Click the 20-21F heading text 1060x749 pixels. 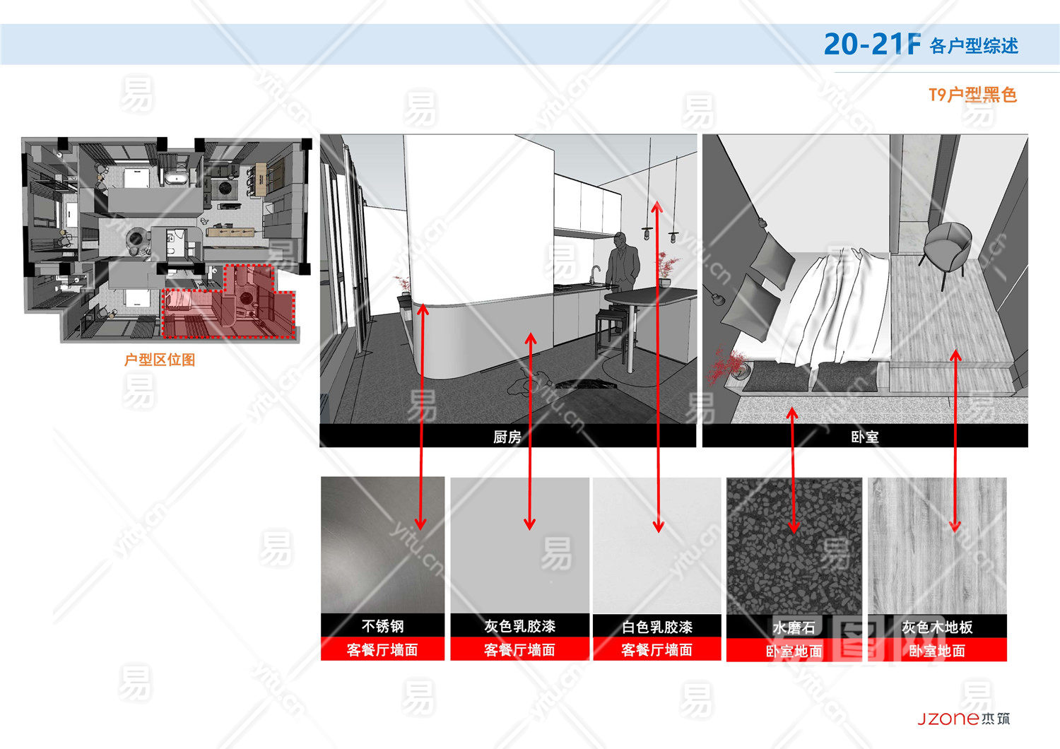pos(872,45)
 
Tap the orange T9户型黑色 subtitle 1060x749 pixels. pos(972,95)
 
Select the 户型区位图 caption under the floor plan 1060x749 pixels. pos(160,360)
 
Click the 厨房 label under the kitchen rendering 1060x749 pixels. pos(507,437)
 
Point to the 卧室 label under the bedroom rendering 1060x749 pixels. pos(864,437)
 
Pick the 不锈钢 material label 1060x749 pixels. pos(382,626)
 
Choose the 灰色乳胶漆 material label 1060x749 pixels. pos(519,626)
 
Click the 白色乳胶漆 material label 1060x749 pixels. pos(656,627)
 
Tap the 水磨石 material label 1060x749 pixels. pos(794,627)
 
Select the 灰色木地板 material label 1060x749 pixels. pos(937,627)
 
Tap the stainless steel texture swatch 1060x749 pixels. pos(382,545)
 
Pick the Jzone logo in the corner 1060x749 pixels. pos(963,719)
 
